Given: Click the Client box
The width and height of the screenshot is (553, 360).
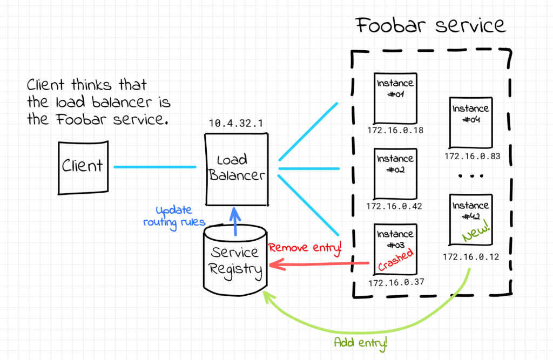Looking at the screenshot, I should [x=83, y=167].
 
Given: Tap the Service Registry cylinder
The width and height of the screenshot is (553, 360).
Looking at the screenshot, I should [x=235, y=260].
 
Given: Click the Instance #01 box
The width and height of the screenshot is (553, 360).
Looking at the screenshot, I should [x=395, y=97].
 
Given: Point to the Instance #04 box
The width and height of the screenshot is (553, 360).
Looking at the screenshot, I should [x=470, y=122].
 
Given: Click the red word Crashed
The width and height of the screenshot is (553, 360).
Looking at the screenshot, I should [x=395, y=260].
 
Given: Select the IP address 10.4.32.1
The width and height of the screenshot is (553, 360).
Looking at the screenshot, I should [x=236, y=124].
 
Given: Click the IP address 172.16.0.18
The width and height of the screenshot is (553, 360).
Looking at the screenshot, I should [x=395, y=131].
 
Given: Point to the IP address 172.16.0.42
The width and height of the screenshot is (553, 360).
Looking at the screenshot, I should [x=394, y=206].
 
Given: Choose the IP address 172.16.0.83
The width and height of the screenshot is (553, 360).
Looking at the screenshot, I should [x=473, y=156].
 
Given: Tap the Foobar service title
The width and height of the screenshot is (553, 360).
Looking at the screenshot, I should [x=430, y=25].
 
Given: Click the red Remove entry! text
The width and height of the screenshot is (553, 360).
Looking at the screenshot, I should [x=306, y=248].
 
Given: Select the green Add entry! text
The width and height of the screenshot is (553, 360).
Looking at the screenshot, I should [x=361, y=342].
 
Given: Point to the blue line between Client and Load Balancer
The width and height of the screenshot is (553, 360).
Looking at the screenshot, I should [x=154, y=167].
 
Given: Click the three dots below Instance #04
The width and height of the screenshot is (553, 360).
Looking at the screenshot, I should [x=470, y=176].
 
